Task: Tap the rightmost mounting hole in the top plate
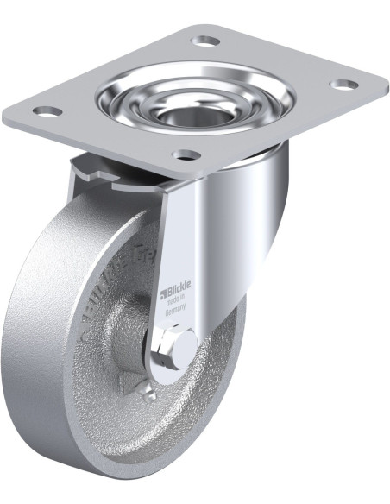(343, 85)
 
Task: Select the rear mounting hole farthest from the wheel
(205, 41)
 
